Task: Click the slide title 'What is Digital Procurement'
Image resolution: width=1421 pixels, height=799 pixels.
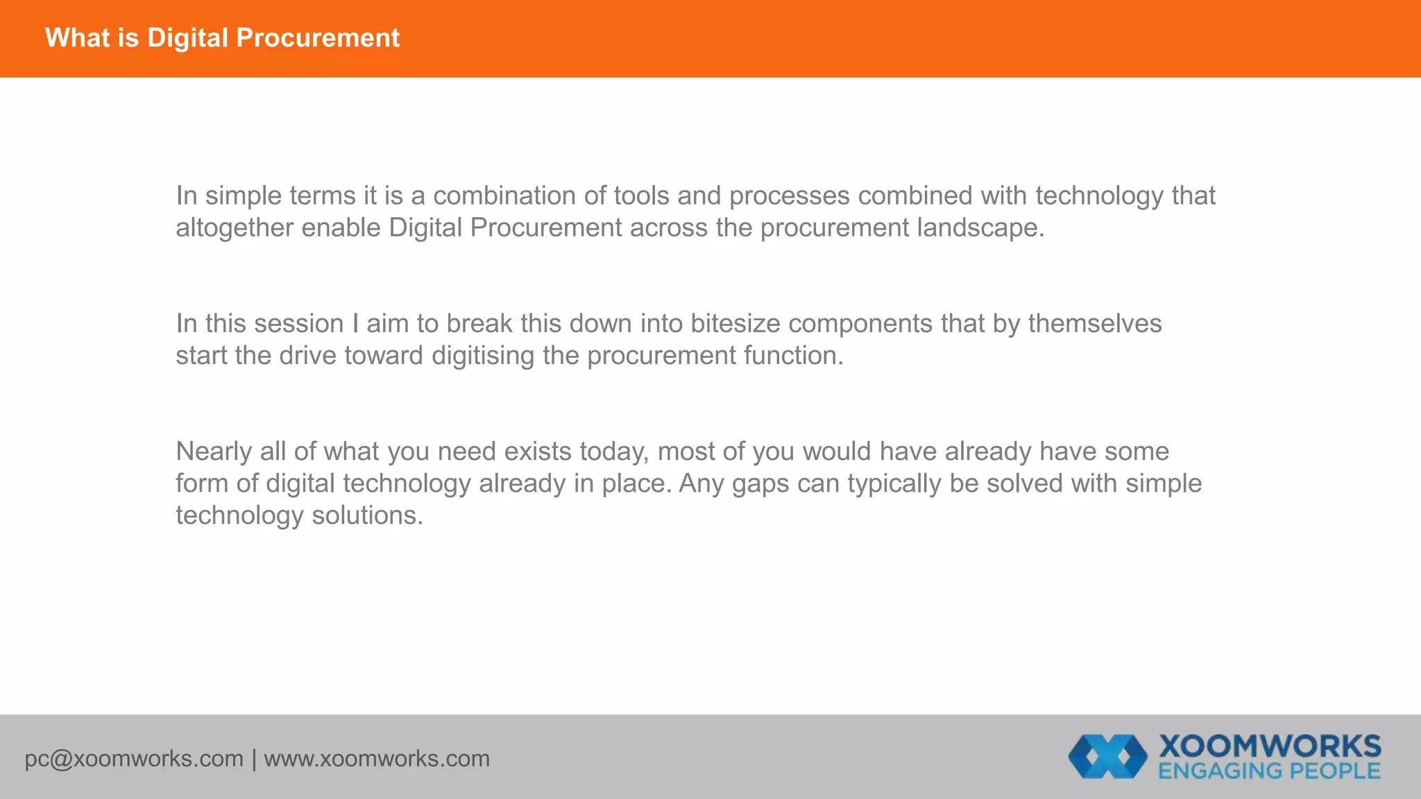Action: coord(222,38)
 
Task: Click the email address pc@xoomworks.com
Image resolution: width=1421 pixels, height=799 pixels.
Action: coord(134,759)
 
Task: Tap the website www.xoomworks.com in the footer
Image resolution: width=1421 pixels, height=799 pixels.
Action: coord(377,759)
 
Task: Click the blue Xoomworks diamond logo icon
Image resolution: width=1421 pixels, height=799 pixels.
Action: coord(1107,756)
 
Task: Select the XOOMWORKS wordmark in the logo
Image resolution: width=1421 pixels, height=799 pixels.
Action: coord(1270,746)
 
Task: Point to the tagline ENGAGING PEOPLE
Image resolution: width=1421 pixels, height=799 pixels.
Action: coord(1269,771)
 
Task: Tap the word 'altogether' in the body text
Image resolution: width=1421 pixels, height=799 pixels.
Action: coord(235,227)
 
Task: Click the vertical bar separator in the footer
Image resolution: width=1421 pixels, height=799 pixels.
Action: coord(254,759)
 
